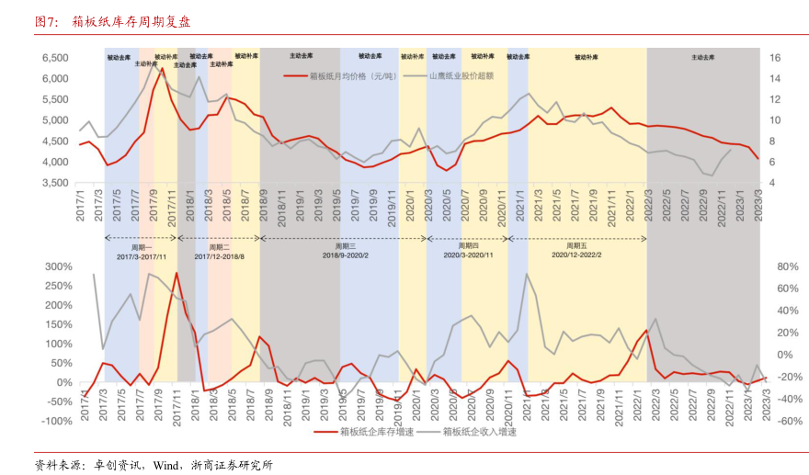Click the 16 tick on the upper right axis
[x=774, y=57]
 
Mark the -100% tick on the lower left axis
[x=56, y=421]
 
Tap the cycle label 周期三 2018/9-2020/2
[x=345, y=251]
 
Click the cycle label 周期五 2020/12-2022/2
[x=576, y=251]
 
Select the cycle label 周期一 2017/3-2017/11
[x=141, y=251]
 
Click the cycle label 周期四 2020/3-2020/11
[x=468, y=251]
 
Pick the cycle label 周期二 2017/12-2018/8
[x=220, y=251]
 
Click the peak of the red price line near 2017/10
[x=162, y=68]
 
